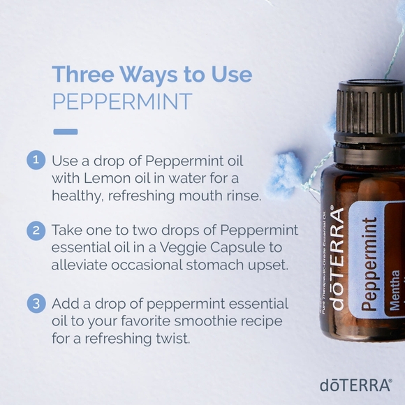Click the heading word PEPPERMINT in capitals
(121, 101)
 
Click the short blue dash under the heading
(66, 131)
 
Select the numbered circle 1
(36, 160)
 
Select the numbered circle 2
(36, 230)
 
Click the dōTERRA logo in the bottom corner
(355, 384)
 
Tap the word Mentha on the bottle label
(395, 290)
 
